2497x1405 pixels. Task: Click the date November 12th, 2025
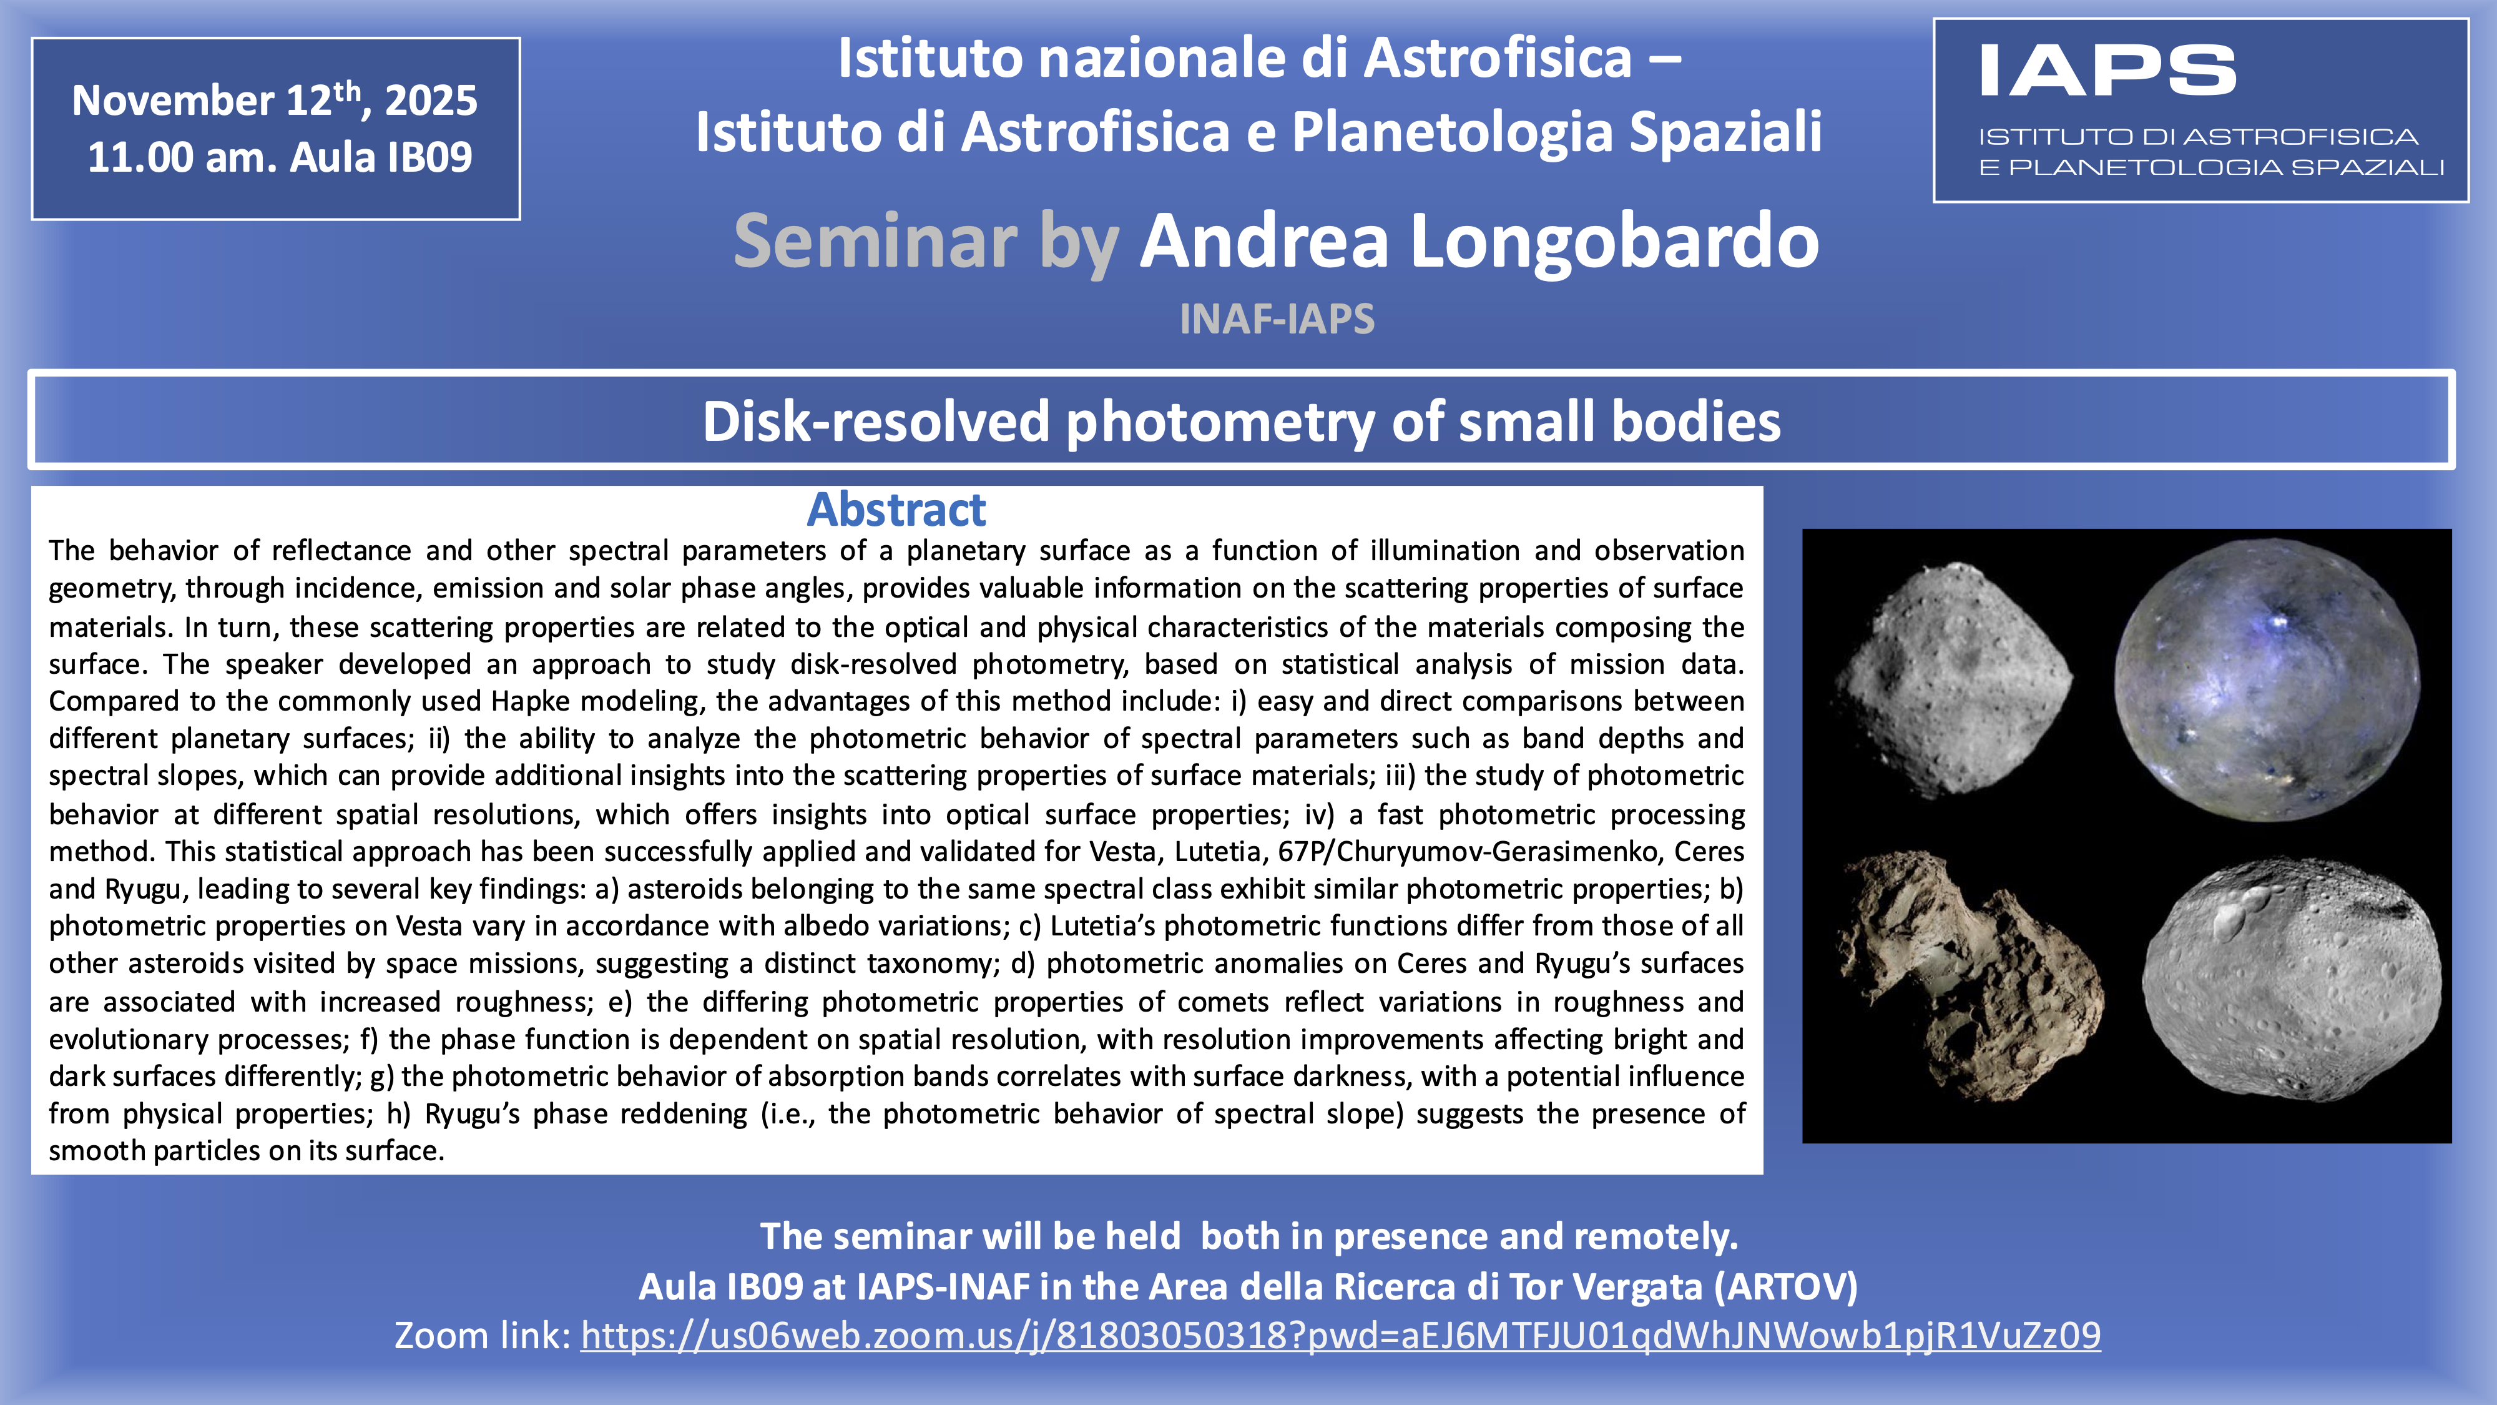coord(274,99)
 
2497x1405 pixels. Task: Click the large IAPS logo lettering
coord(2107,71)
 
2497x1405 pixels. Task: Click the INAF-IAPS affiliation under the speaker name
coord(1277,319)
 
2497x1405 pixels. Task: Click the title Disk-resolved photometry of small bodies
coord(1242,421)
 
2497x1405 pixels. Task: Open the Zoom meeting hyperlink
coord(1341,1335)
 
